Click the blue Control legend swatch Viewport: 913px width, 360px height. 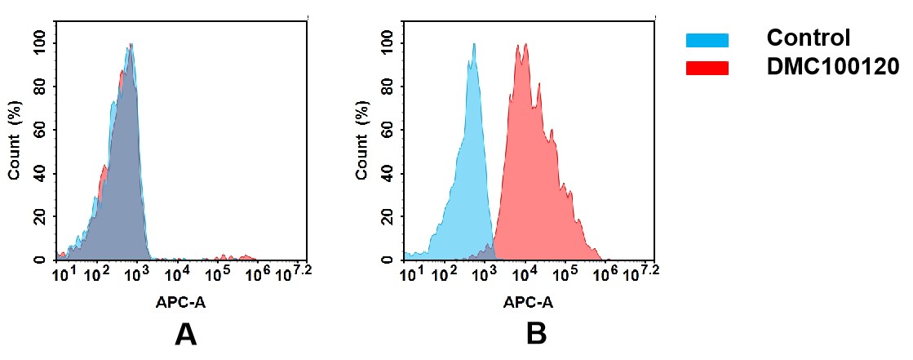pos(707,40)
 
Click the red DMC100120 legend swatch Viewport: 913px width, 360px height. pos(707,68)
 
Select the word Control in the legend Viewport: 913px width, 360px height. pos(809,38)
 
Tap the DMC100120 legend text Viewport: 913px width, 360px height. pos(832,68)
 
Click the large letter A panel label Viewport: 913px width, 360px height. pos(186,335)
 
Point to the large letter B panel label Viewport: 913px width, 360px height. pos(535,335)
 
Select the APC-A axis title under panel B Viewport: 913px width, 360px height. pos(528,302)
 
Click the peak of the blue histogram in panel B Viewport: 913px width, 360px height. pos(473,45)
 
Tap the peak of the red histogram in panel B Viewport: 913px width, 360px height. pos(521,45)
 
